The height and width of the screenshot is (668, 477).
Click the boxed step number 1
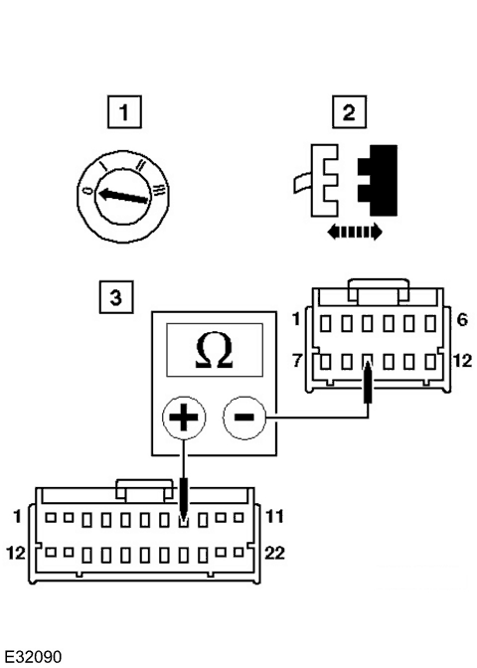coord(124,112)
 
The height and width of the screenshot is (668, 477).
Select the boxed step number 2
coord(349,112)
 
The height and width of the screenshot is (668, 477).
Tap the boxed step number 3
coord(116,297)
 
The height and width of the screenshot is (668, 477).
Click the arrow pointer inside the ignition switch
coord(123,196)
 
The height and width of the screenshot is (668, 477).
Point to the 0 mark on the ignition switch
coord(88,190)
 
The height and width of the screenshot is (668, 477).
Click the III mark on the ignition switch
coord(159,190)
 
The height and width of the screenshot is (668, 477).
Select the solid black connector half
coord(378,181)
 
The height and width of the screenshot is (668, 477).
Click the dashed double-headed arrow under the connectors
coord(355,233)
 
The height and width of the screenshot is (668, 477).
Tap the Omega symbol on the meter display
coord(214,350)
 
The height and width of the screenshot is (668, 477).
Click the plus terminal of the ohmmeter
coord(184,417)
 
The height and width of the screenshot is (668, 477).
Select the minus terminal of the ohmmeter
coord(244,417)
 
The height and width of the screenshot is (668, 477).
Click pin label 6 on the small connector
coord(462,319)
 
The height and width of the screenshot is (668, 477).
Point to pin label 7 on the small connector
coord(297,361)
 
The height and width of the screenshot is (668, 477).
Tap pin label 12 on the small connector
coord(462,361)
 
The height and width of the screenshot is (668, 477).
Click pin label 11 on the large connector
coord(274,516)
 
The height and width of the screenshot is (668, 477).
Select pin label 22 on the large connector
coord(274,553)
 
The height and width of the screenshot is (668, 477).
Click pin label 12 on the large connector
coord(16,553)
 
